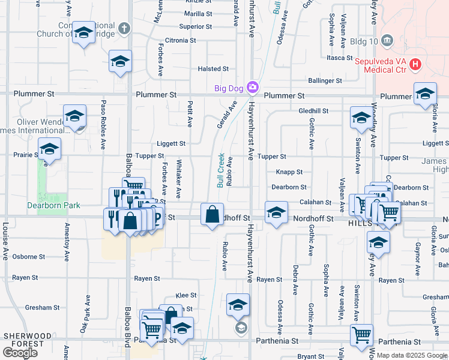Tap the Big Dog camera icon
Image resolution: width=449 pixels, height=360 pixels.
pos(253,88)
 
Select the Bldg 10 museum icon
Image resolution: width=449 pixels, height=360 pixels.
pos(387,41)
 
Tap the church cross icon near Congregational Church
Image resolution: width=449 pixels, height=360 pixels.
pos(124,28)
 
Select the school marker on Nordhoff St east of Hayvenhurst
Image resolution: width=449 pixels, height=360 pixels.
pos(276,214)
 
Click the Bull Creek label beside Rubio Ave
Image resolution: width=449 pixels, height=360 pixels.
pos(220,170)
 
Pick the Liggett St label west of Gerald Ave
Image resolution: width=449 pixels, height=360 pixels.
pos(171,143)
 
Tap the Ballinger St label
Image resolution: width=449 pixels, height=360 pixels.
pos(325,80)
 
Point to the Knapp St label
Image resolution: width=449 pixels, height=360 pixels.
pos(289,172)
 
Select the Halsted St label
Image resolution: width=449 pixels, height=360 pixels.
pos(210,69)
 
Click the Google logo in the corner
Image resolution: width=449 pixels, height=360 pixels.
pos(20,352)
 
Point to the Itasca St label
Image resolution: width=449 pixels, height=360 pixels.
pos(340,58)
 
